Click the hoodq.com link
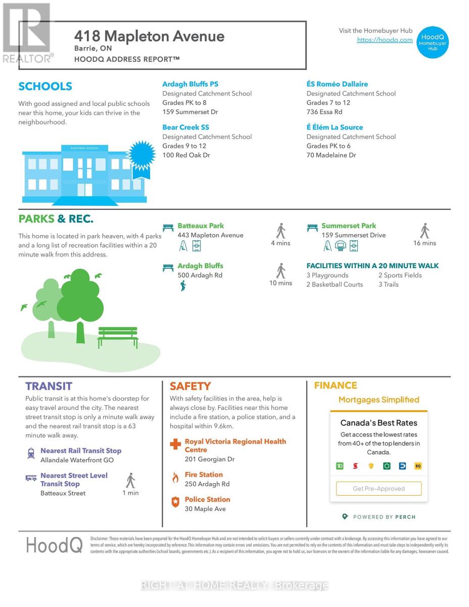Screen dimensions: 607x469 (385, 40)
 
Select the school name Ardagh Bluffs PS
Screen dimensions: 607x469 (190, 84)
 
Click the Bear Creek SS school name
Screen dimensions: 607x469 (185, 127)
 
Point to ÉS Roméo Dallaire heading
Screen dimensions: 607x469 (337, 84)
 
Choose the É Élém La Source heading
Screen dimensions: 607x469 (335, 127)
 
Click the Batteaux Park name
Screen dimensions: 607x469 (200, 226)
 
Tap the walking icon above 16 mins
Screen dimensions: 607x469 (425, 231)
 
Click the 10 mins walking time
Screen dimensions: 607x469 (280, 283)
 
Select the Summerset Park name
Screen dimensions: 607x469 (349, 226)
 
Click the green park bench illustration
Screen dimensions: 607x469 (118, 337)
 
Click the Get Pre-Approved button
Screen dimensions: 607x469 (379, 489)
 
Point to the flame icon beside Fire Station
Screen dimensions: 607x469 (175, 478)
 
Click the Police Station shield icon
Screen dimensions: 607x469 (175, 502)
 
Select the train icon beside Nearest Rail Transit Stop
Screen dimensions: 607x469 (31, 453)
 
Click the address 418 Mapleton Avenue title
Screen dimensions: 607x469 (149, 36)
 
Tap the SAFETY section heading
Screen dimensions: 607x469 (190, 386)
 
